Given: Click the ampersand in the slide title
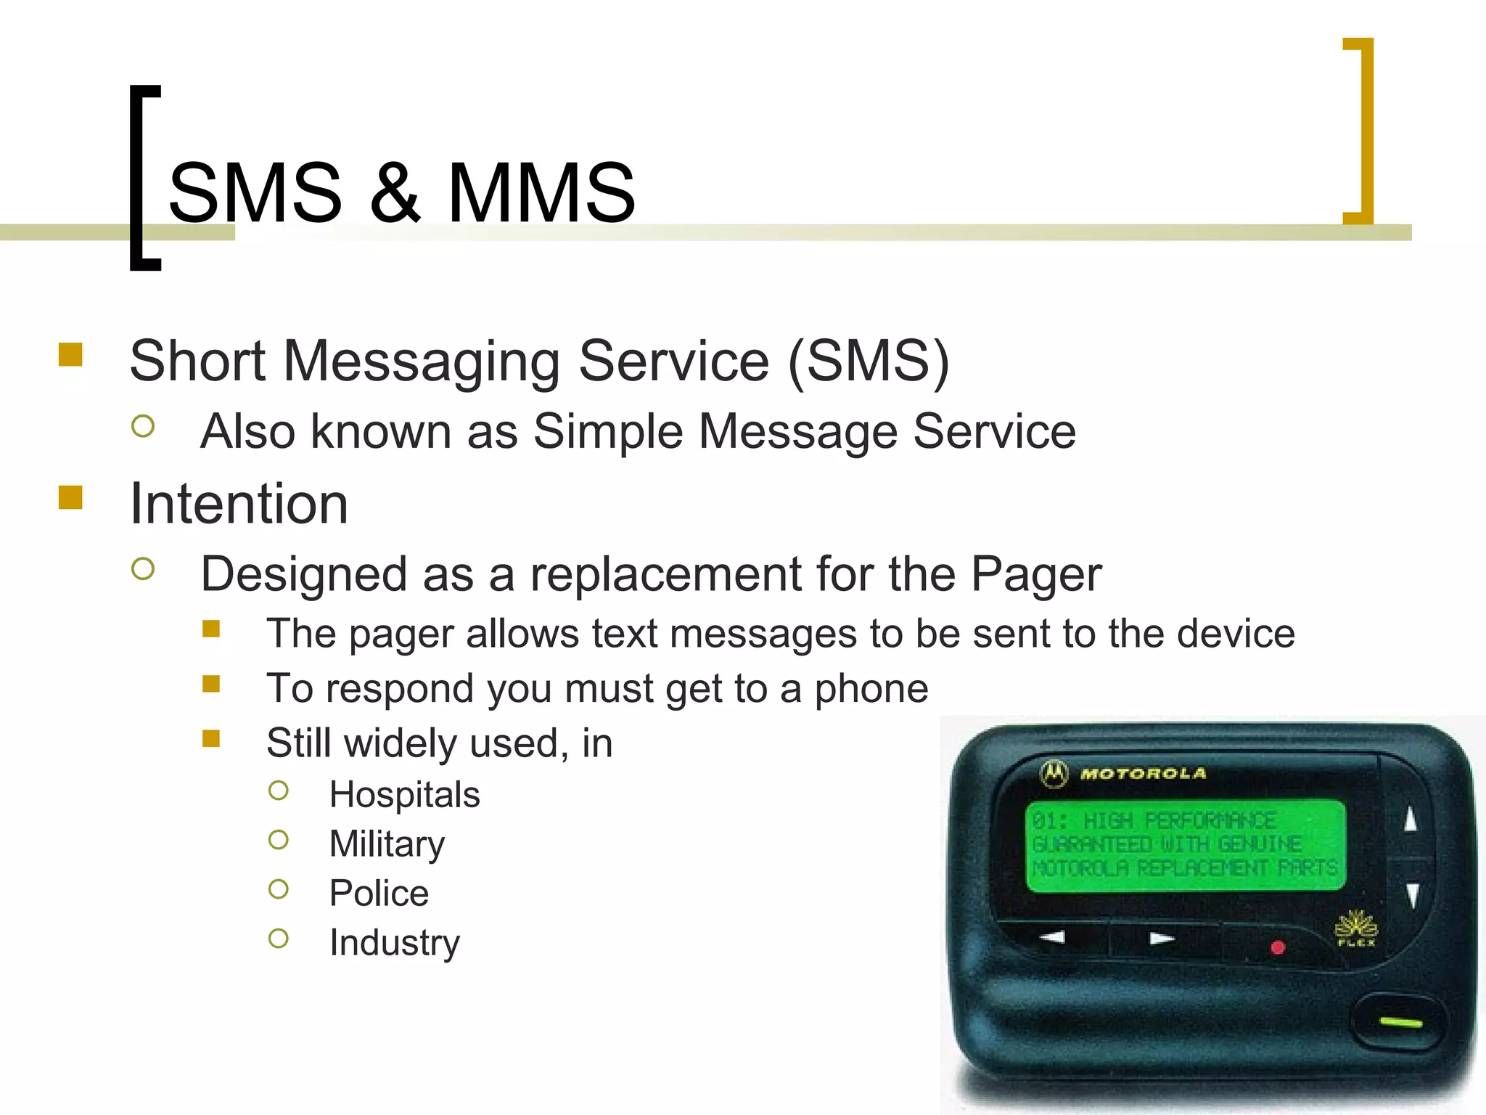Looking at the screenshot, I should coord(395,193).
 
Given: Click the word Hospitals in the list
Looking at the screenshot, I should coord(404,795).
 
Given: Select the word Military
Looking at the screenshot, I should coord(387,844).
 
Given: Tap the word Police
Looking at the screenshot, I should coord(379,894).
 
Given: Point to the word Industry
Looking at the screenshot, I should coord(394,943).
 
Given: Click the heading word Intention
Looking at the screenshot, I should coord(239,504).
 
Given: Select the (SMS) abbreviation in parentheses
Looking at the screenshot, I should coord(869,361).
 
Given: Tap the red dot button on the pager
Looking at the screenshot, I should coord(1278,947).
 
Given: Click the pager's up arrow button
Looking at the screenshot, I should coord(1411,820).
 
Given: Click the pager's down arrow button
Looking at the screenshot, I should coord(1412,894).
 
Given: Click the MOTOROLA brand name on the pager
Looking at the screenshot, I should coord(1143,774).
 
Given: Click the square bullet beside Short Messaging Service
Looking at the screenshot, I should coord(70,355).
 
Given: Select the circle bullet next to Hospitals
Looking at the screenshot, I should coord(279,791).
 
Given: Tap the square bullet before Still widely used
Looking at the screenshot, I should coord(211,739).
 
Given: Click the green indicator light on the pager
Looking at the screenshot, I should coord(1400,1022).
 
